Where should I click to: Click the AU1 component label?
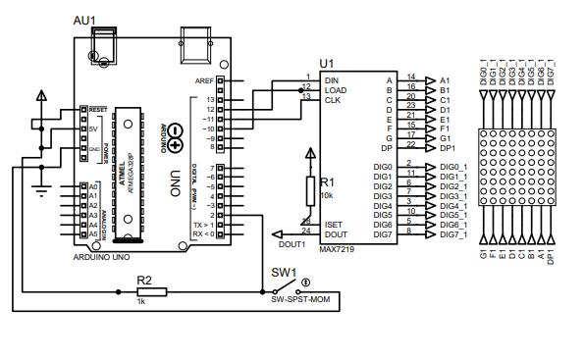85,21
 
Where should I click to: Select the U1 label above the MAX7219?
327,62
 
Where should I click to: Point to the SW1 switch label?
284,272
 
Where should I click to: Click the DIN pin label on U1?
332,79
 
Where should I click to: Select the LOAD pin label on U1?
335,89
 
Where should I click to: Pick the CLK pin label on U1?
332,99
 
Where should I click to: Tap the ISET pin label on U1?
333,224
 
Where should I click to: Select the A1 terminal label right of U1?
445,79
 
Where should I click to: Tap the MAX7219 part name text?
340,248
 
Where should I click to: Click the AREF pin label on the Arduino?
204,80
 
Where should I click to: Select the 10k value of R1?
327,195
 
